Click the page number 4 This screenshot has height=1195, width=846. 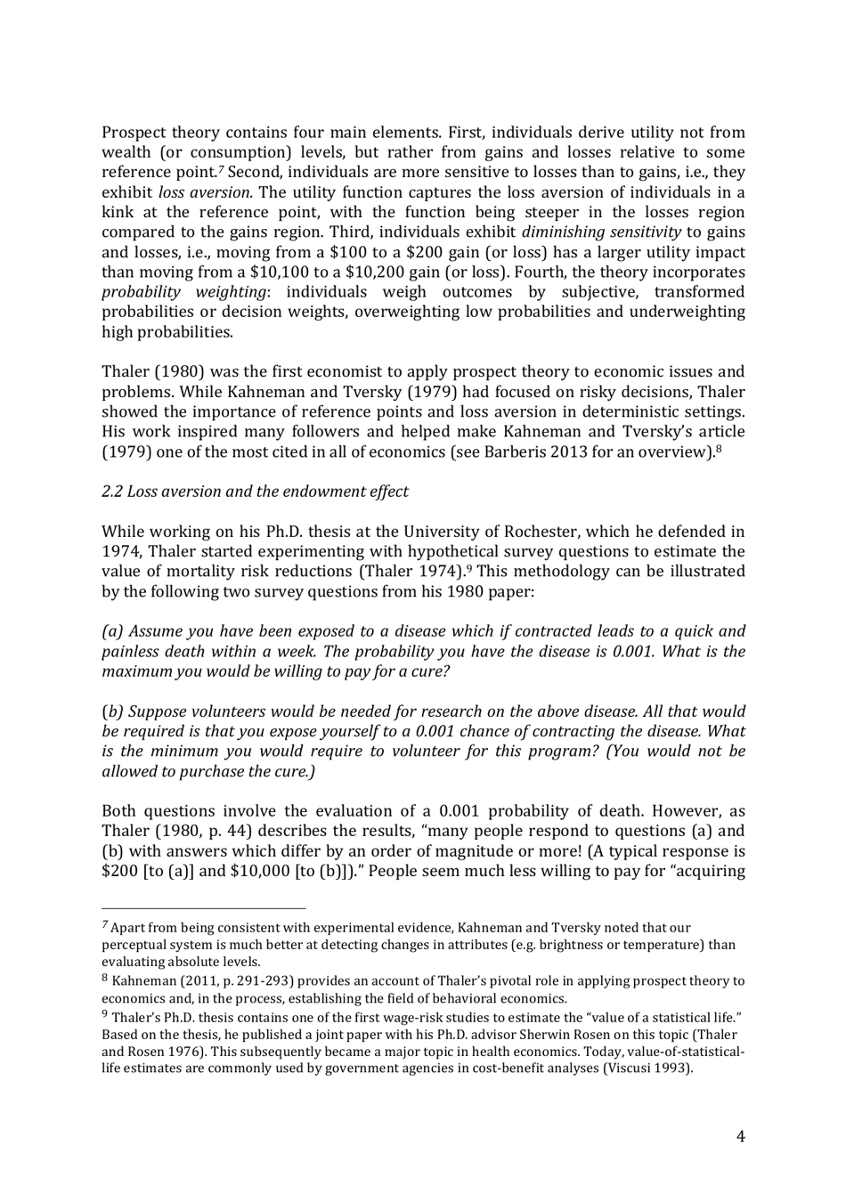pyautogui.click(x=740, y=1135)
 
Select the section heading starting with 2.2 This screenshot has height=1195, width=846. pyautogui.click(x=255, y=492)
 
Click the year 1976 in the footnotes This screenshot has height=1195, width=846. pyautogui.click(x=169, y=1052)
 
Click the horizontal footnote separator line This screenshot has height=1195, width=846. pyautogui.click(x=203, y=909)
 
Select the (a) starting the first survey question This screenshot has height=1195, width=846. pyautogui.click(x=112, y=631)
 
